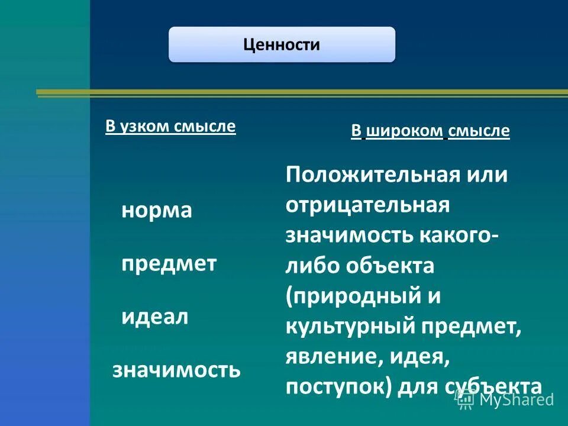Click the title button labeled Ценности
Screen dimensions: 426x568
click(x=282, y=45)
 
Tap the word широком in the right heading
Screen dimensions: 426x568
click(x=404, y=131)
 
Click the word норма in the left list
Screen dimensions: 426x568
click(x=157, y=211)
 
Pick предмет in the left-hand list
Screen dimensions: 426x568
click(x=169, y=263)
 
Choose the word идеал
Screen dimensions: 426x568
click(x=155, y=317)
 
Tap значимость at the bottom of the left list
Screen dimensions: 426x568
click(x=176, y=370)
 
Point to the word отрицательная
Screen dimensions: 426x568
click(x=368, y=205)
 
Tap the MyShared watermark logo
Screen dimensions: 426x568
click(x=506, y=399)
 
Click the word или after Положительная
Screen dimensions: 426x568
click(x=488, y=176)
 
